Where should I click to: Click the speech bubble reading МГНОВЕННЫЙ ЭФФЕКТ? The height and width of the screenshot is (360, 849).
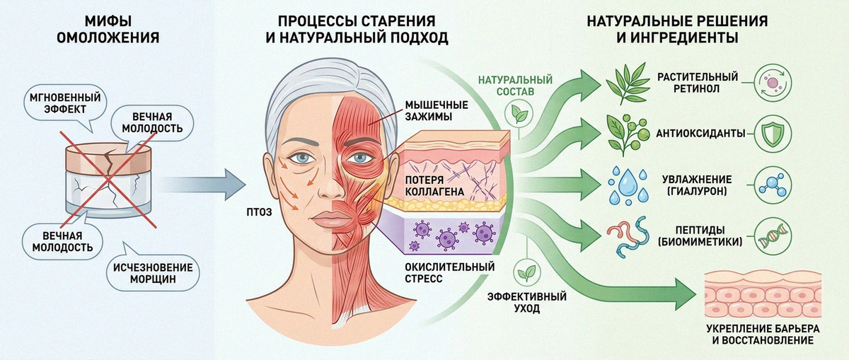65,104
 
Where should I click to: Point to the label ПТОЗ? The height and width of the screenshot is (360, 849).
259,212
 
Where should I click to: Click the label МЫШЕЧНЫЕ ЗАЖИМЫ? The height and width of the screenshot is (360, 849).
437,110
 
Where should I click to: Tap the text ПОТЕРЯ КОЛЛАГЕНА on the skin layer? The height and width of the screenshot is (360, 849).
434,186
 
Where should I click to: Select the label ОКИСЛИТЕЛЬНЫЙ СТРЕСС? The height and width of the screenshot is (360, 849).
449,272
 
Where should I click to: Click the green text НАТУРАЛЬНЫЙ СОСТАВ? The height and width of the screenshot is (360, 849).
515,86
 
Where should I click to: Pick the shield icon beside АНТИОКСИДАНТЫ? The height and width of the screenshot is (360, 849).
773,134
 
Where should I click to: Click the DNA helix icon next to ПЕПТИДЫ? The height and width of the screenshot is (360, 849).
773,236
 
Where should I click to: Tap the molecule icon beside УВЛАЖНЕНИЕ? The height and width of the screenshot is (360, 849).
773,185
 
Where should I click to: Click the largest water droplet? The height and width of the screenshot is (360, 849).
628,182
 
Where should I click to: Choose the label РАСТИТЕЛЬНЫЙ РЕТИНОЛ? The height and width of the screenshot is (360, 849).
698,83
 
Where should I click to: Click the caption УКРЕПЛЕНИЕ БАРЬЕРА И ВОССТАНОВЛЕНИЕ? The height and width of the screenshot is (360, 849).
763,335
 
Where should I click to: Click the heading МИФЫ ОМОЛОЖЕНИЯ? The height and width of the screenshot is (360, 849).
108,29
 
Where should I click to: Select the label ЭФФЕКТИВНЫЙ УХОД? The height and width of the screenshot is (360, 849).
527,302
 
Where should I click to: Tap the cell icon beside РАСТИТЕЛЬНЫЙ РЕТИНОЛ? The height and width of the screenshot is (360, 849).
773,83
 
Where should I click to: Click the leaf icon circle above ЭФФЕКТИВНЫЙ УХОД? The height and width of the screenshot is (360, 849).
527,273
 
